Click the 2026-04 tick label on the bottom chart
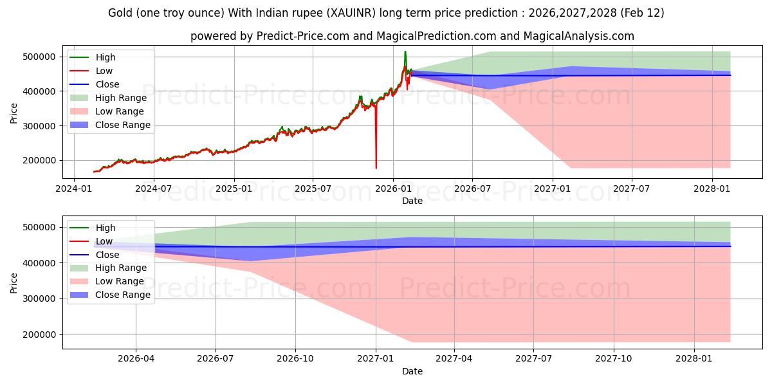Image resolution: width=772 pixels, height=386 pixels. click(x=136, y=358)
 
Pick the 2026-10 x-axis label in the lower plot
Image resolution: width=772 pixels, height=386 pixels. click(x=295, y=358)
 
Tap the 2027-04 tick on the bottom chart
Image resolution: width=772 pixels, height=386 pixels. click(x=454, y=358)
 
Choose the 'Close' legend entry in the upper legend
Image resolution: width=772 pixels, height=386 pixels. click(x=107, y=84)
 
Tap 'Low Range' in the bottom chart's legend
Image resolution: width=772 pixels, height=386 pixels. click(x=119, y=281)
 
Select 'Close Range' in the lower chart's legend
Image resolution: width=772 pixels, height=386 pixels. click(x=122, y=295)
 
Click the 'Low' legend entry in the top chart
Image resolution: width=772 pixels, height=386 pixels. click(x=104, y=71)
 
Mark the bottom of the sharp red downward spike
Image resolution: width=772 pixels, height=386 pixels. click(x=376, y=168)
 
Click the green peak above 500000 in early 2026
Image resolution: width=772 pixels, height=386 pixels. click(x=405, y=51)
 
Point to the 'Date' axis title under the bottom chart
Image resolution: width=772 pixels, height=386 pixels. click(x=412, y=371)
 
